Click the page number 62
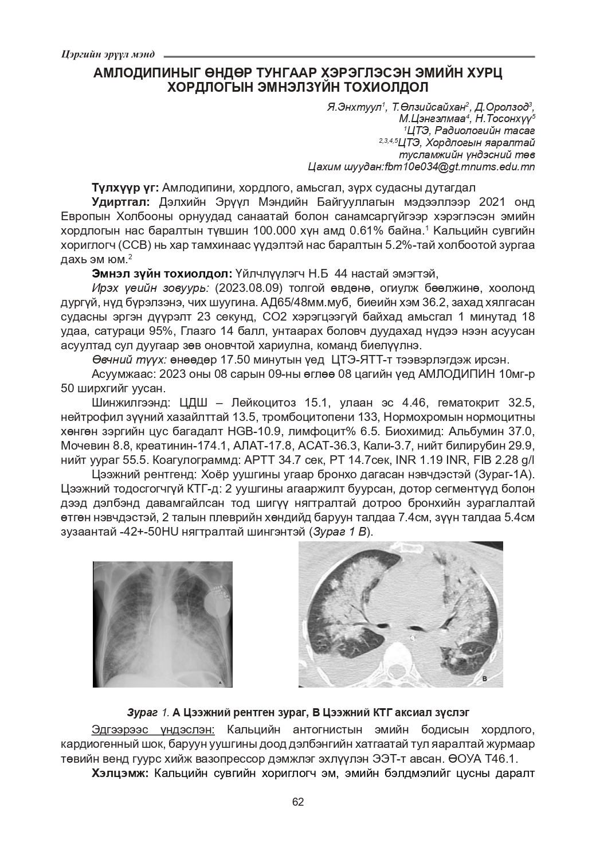point(297,802)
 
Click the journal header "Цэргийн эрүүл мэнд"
point(107,54)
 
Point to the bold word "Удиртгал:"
point(120,202)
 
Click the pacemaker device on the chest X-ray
point(218,600)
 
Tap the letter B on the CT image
point(484,678)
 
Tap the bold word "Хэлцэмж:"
point(120,774)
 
